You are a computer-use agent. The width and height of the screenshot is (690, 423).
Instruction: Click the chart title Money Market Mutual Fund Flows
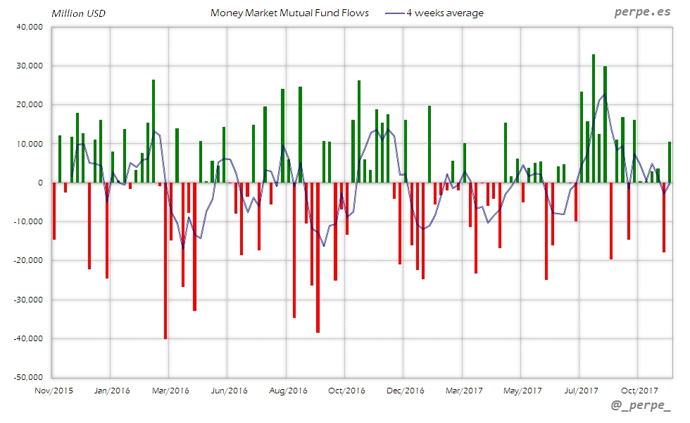click(x=289, y=13)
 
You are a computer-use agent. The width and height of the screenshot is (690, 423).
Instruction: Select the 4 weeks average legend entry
click(x=444, y=13)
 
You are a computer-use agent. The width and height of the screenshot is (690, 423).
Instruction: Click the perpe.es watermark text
click(x=641, y=13)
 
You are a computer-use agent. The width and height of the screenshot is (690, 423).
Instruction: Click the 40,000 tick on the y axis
click(x=30, y=27)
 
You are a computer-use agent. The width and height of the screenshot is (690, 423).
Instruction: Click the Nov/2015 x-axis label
click(x=54, y=390)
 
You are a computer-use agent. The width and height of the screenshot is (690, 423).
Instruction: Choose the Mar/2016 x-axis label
click(x=170, y=390)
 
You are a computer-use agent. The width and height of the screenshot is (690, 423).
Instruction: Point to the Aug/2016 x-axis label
click(x=287, y=390)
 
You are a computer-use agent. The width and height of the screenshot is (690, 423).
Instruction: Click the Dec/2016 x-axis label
click(x=404, y=390)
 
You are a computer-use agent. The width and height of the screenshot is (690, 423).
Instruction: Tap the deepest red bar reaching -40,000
click(x=165, y=261)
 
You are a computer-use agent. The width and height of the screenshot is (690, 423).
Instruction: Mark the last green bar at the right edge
click(x=670, y=162)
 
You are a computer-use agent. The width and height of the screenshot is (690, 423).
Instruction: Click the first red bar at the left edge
click(x=54, y=211)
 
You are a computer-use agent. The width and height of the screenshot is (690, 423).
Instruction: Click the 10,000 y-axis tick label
click(x=30, y=145)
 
